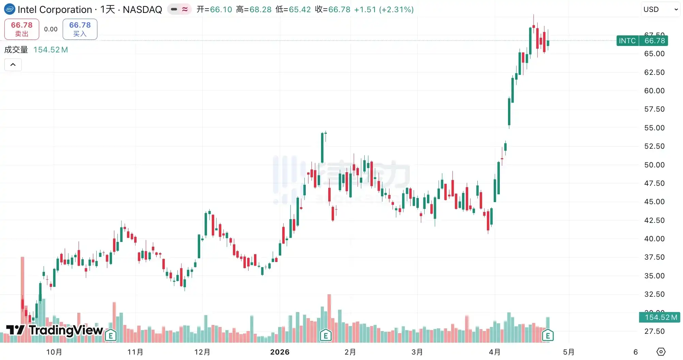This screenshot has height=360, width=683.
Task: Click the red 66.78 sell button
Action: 22,29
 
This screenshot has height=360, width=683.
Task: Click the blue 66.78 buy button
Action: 80,29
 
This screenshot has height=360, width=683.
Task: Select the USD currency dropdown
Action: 661,10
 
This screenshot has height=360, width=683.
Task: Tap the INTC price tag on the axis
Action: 642,41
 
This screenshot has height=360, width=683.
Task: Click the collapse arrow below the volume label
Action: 13,65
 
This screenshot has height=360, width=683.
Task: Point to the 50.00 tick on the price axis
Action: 654,165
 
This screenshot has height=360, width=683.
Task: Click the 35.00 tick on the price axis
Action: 654,276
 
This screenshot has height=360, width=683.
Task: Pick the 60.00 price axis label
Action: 654,91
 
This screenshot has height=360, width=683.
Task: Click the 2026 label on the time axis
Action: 280,352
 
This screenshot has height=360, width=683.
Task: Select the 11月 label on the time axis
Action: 135,352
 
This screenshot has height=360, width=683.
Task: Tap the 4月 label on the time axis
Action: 495,352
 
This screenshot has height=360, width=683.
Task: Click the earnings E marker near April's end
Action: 547,336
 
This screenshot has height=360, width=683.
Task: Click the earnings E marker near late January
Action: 325,336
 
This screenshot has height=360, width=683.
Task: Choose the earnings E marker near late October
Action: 111,336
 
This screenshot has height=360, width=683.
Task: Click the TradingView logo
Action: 54,330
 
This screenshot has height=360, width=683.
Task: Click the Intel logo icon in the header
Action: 10,9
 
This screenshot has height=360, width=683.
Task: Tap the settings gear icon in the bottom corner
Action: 661,351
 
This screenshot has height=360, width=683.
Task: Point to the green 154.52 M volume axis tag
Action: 660,317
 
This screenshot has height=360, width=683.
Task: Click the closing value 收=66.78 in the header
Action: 333,10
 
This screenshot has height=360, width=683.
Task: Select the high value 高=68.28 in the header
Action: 254,10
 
